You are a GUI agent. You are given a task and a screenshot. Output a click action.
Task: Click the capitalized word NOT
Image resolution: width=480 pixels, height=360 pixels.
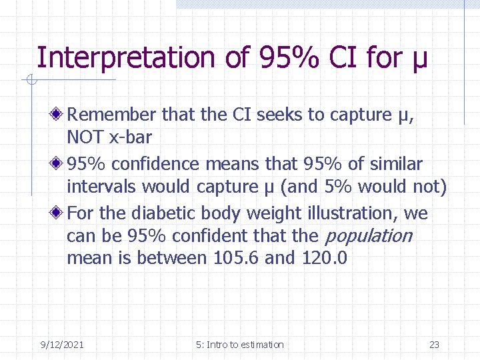(83, 138)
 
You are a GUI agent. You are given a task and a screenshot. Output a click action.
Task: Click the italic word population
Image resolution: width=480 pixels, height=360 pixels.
(367, 236)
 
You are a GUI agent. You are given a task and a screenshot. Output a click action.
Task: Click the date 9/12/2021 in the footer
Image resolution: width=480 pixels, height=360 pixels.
(61, 345)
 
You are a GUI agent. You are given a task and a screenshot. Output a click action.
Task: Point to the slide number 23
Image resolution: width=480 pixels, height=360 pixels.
(434, 345)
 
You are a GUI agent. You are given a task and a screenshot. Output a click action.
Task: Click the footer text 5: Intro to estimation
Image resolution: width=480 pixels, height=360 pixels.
(240, 345)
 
